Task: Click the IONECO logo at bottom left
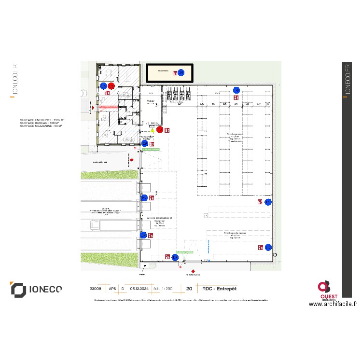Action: point(37,289)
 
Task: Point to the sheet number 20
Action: point(189,289)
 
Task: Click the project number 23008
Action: point(96,289)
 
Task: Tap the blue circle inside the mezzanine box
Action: point(181,73)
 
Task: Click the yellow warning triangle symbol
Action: point(153,130)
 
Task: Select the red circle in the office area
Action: point(111,86)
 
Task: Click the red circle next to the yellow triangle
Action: point(160,129)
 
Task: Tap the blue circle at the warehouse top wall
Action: point(237,90)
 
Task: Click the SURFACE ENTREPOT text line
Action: point(42,120)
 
